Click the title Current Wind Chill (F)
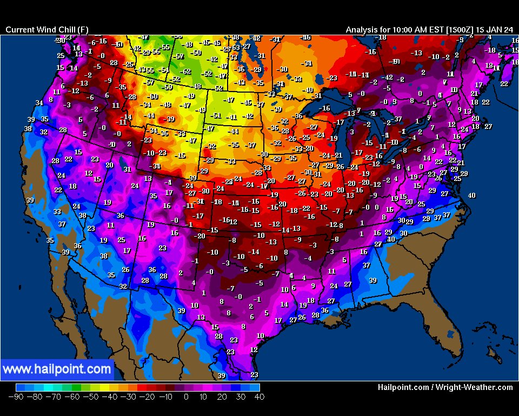(x=46, y=30)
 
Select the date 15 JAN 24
(x=495, y=30)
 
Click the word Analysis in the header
(x=364, y=30)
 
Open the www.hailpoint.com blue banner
(x=57, y=370)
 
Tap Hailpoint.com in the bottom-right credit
(x=403, y=387)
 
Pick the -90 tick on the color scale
(x=15, y=397)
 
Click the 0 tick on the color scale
(x=185, y=397)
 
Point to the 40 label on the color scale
(x=259, y=397)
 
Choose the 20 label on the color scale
(x=222, y=397)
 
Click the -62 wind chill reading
(x=185, y=71)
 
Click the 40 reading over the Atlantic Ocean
(x=471, y=196)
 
